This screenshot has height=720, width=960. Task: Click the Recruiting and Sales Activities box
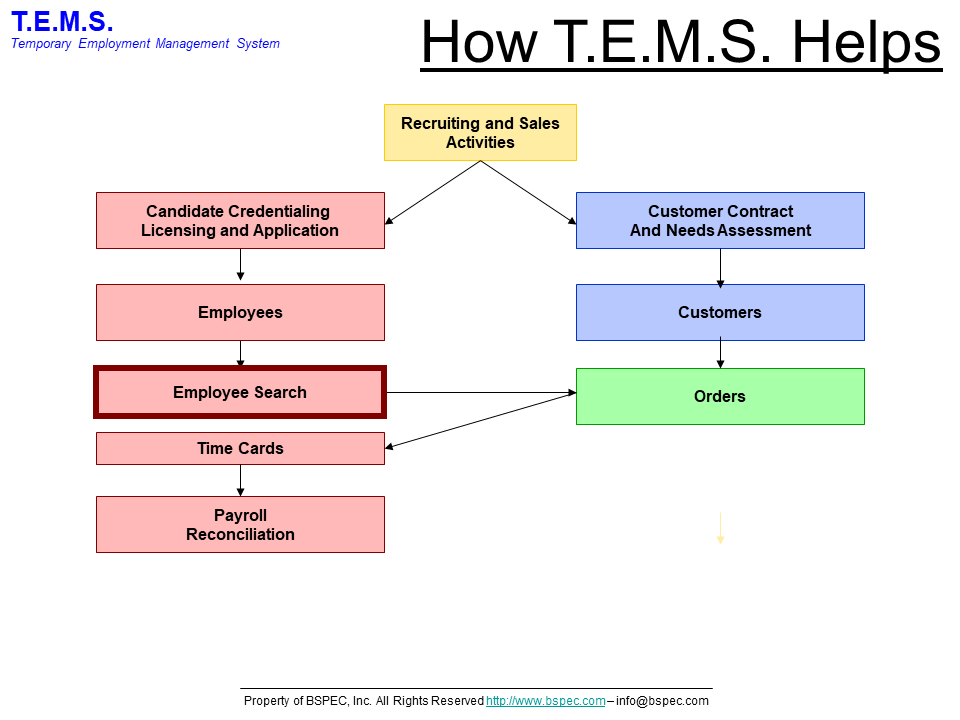point(480,132)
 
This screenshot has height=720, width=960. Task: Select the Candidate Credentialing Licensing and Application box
point(240,220)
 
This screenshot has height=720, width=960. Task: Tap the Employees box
point(240,312)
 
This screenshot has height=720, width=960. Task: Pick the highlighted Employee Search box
point(240,392)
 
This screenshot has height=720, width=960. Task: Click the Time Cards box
point(240,448)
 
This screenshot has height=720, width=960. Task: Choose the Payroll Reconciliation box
point(240,524)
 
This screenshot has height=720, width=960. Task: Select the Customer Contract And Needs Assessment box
point(720,220)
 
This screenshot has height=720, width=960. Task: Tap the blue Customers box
point(720,312)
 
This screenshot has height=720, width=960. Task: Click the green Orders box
point(720,396)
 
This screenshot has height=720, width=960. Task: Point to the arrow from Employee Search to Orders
point(480,392)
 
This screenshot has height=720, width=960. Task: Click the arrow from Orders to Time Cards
point(480,420)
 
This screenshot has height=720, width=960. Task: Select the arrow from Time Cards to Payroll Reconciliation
point(240,480)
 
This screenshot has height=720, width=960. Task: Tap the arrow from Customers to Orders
point(720,354)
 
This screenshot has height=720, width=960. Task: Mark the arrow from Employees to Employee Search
point(240,354)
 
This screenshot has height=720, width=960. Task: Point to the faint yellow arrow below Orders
point(720,528)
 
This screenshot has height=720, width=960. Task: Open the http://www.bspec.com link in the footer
point(546,701)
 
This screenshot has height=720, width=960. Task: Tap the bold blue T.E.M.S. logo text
point(62,20)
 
